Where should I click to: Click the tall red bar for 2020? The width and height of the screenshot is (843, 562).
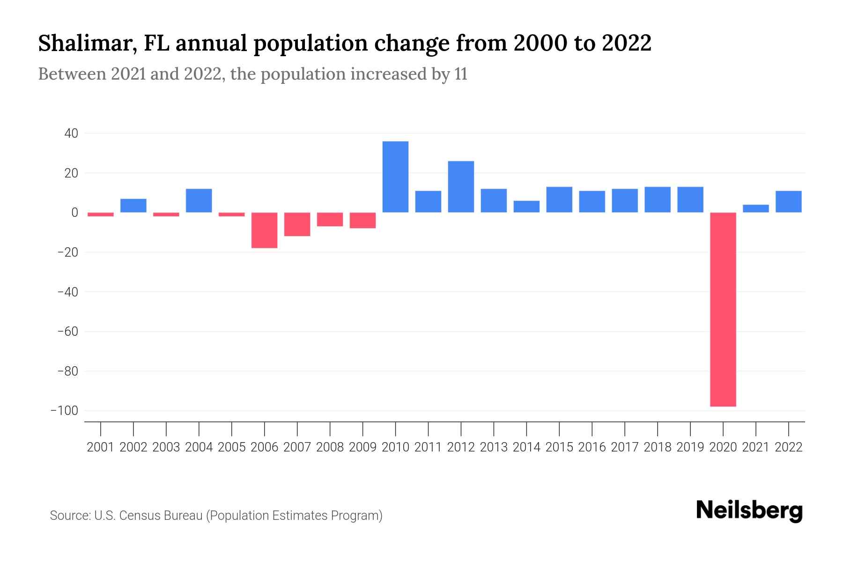(x=723, y=309)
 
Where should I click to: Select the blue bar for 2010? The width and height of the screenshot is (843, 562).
(x=395, y=177)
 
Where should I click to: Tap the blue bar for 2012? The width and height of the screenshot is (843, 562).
(x=461, y=187)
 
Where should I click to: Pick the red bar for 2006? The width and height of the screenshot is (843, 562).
(x=264, y=230)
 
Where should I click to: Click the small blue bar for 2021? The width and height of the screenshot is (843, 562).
(x=755, y=208)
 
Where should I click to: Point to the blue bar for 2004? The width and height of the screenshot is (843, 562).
(x=199, y=200)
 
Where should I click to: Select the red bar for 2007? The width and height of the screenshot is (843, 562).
(x=297, y=224)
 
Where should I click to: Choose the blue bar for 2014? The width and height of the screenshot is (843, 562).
(x=526, y=207)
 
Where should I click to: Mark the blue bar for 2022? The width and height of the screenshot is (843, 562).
(x=788, y=202)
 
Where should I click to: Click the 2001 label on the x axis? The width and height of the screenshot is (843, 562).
(x=101, y=447)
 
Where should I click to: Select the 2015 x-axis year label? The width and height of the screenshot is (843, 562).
(x=559, y=447)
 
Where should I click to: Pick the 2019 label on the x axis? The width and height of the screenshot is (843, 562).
(x=690, y=447)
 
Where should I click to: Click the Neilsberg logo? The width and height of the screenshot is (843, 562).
(x=749, y=510)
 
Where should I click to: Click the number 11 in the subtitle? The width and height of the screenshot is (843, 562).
(x=460, y=74)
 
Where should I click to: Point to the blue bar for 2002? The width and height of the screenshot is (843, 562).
(x=133, y=206)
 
